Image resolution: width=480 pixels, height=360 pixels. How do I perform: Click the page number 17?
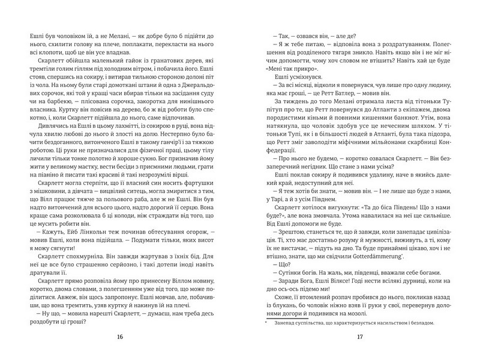tap(360, 336)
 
